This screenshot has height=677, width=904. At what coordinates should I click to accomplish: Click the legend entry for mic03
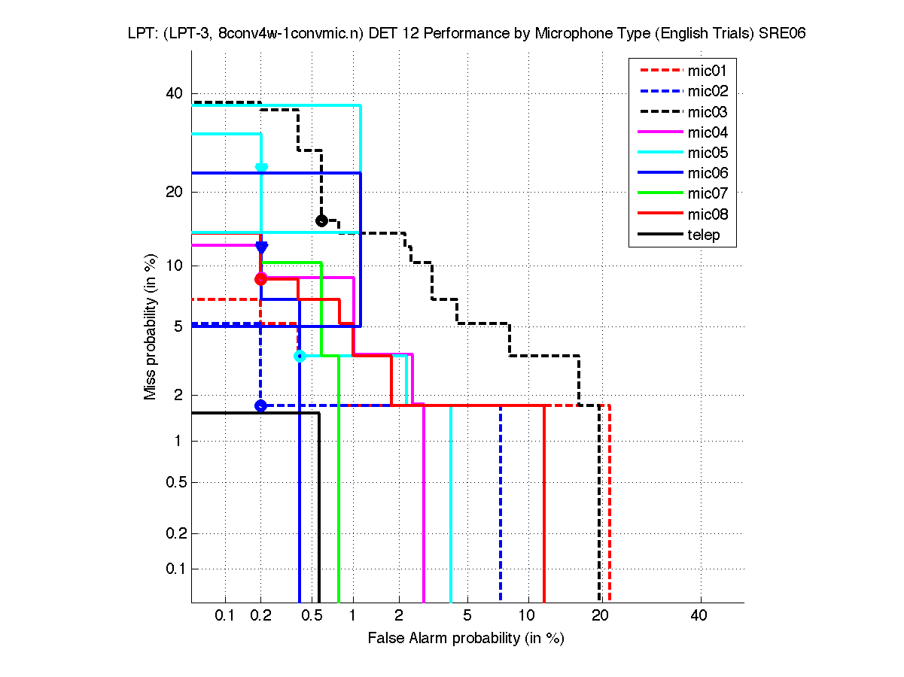[x=707, y=113]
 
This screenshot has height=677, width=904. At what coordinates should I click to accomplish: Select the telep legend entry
[x=703, y=235]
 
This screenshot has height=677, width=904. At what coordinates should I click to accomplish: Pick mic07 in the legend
[x=707, y=194]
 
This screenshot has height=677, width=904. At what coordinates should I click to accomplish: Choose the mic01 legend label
[x=707, y=72]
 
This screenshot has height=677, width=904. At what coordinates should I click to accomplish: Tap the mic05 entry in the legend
[x=707, y=153]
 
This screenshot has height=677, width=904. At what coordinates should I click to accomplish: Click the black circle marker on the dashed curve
[x=321, y=220]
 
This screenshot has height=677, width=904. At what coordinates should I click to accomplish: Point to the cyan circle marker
[x=300, y=356]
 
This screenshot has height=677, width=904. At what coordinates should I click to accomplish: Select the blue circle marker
[x=260, y=405]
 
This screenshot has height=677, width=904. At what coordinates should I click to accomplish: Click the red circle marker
[x=260, y=279]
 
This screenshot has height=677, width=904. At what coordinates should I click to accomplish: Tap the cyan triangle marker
[x=261, y=168]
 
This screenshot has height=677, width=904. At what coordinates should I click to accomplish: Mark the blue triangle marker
[x=261, y=247]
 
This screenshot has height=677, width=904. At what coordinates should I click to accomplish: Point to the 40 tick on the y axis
[x=175, y=94]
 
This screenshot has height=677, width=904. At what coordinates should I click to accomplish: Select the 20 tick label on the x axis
[x=599, y=616]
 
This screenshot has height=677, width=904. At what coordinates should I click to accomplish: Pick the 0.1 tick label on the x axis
[x=225, y=616]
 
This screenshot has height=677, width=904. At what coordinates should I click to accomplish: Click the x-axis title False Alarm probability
[x=466, y=639]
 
